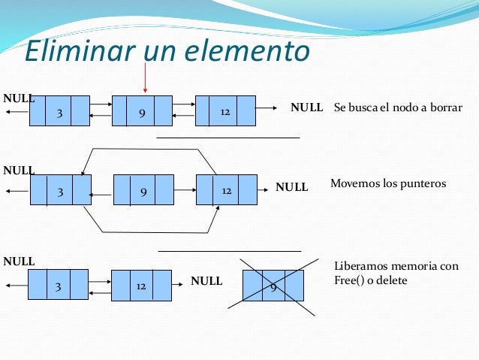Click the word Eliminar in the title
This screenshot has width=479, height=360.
(72, 50)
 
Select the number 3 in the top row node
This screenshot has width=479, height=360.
(59, 113)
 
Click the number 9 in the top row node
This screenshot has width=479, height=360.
(142, 113)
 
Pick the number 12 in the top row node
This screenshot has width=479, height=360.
(225, 112)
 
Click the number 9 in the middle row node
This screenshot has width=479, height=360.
(143, 191)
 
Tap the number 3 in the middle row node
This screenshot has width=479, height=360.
(59, 191)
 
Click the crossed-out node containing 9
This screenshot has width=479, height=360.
(273, 286)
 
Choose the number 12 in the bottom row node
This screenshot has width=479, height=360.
(140, 286)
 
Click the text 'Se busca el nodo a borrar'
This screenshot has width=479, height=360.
(397, 107)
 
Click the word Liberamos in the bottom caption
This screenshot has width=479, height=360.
(358, 267)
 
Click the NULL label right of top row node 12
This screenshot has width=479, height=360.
(306, 108)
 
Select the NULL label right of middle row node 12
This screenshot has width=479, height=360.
(292, 186)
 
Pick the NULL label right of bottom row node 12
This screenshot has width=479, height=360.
(206, 281)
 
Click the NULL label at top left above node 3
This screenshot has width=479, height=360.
(20, 98)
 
